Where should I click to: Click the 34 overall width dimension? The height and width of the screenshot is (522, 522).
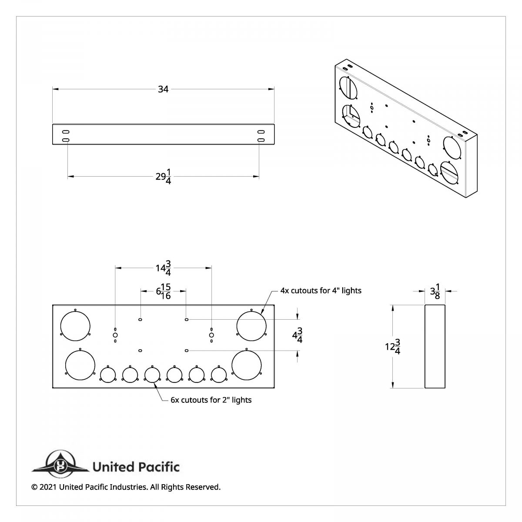point(163,89)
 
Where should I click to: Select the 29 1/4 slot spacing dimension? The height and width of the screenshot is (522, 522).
point(163,177)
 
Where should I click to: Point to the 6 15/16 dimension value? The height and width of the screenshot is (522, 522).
point(163,291)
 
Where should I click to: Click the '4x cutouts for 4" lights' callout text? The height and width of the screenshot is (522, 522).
point(321,290)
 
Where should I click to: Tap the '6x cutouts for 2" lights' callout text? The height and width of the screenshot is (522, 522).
point(211,400)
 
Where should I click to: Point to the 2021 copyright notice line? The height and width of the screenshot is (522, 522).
point(126,487)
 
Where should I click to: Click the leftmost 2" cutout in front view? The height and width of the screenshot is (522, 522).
point(107,375)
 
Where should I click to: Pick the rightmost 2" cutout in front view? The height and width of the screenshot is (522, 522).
point(218,375)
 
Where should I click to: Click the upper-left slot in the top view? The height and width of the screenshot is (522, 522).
point(65,131)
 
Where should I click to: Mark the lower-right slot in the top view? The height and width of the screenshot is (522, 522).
point(261,140)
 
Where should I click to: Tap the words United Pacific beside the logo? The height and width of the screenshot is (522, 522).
point(136,467)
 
